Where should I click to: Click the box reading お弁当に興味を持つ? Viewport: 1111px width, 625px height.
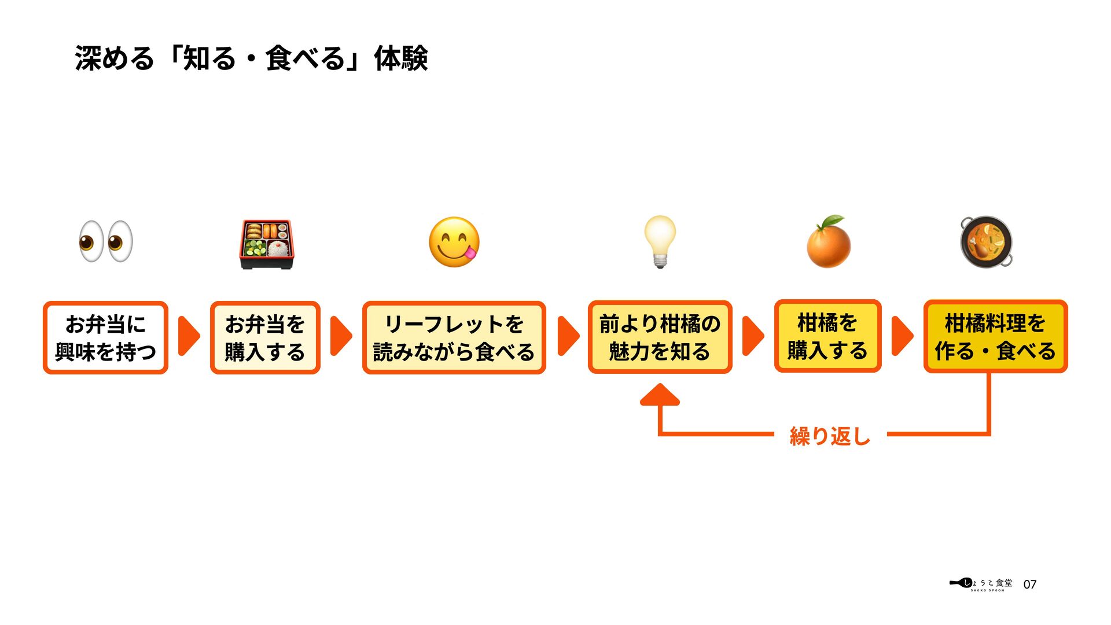(105, 337)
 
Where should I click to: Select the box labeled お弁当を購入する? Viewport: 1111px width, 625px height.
(265, 337)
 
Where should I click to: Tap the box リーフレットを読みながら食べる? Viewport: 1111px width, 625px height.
(454, 337)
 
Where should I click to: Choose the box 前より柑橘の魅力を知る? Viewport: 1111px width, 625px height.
(660, 337)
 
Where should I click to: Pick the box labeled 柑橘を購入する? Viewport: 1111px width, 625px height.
(827, 336)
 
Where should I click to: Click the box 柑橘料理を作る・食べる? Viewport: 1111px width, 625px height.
(995, 336)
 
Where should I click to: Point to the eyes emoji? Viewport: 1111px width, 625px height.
(106, 241)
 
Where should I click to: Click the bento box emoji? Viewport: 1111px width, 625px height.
(267, 244)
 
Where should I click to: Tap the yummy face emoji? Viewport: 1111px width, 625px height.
(454, 242)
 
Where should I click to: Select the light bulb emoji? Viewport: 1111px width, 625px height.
(660, 241)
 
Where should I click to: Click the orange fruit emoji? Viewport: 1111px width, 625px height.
(829, 242)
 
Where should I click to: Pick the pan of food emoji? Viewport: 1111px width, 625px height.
(987, 242)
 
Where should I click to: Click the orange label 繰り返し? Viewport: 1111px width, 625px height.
(830, 436)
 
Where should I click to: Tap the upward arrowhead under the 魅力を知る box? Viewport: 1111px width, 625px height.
(660, 395)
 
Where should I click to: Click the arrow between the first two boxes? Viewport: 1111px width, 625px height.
(188, 336)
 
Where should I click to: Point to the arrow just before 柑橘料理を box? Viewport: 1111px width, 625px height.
(902, 336)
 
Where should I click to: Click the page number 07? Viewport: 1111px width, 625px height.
(1030, 584)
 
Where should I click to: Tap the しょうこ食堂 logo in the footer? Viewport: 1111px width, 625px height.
(982, 584)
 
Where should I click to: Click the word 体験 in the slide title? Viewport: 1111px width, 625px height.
(400, 58)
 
